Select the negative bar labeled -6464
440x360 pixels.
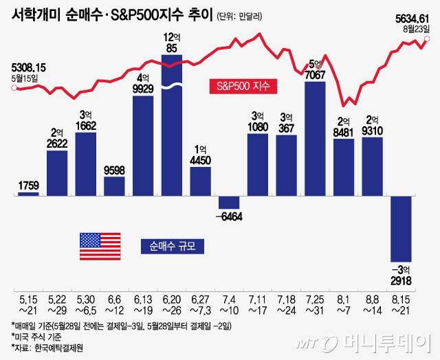(228, 203)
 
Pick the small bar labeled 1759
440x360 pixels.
(28, 194)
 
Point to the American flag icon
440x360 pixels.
(100, 245)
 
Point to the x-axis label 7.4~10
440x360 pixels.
(229, 304)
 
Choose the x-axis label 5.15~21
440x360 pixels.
(28, 304)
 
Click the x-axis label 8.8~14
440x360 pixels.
(372, 304)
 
